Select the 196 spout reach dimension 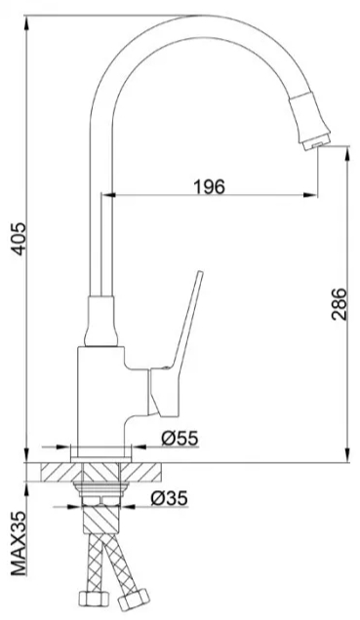tap(209, 186)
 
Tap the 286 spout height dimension tap(340, 304)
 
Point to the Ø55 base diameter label tap(180, 438)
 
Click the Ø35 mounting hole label tap(169, 498)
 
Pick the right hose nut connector tap(134, 599)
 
